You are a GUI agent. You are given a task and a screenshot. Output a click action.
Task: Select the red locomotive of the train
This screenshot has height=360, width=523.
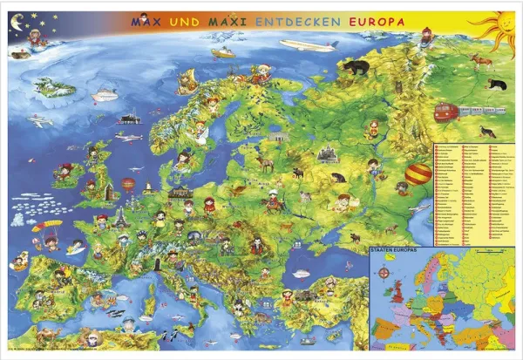pos(448,112)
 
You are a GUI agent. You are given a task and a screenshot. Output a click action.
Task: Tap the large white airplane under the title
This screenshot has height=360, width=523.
pos(308,45)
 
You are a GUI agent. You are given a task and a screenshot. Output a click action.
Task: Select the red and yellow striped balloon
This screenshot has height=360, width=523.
pos(418,173)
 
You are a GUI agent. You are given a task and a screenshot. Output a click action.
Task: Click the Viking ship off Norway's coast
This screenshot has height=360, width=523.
pos(186,83)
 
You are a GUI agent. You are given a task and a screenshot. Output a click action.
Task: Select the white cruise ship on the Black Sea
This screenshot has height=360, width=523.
pos(301,273)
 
